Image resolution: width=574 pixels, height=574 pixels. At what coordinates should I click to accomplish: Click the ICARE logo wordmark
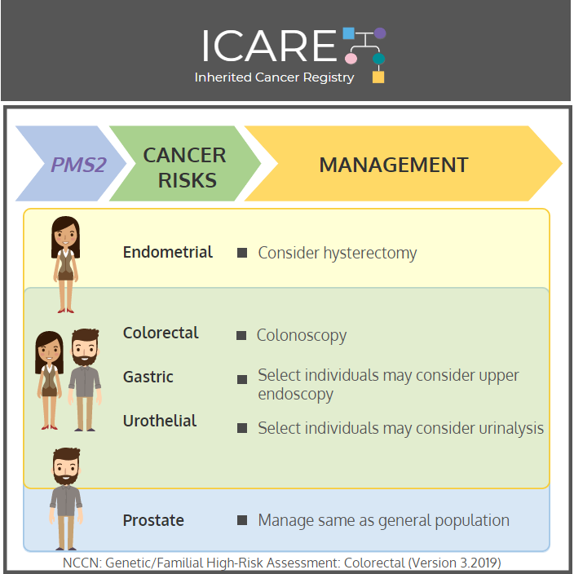(269, 46)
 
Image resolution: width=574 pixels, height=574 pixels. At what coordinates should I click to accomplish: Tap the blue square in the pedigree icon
(348, 33)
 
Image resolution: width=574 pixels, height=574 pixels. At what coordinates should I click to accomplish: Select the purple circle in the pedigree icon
(380, 33)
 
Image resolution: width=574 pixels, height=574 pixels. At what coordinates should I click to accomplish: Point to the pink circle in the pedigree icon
(351, 58)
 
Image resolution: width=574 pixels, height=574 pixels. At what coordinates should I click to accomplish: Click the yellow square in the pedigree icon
(378, 77)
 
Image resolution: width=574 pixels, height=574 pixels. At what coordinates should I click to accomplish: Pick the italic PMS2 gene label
(79, 165)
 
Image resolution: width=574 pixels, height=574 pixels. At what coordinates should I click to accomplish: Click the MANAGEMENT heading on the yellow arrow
(394, 165)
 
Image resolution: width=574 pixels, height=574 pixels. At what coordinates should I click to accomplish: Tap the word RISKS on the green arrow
(187, 180)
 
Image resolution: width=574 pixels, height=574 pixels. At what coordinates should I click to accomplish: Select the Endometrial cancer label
(168, 252)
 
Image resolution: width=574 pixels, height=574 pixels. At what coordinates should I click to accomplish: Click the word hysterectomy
(370, 254)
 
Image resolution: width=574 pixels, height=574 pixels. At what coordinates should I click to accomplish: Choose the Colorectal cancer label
(161, 333)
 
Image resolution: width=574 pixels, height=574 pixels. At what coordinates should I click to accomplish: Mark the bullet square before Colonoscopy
(241, 335)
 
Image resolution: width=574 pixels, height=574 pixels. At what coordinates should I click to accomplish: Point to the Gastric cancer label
(148, 377)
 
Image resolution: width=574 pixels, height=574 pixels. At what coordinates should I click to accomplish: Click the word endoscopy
(295, 395)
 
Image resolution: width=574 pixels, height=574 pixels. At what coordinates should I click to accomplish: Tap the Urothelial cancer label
(160, 421)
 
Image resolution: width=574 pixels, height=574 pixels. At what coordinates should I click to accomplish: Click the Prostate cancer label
(153, 520)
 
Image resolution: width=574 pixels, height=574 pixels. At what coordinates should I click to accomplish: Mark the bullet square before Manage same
(242, 520)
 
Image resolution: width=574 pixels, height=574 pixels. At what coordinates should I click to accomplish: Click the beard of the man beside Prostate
(66, 478)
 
